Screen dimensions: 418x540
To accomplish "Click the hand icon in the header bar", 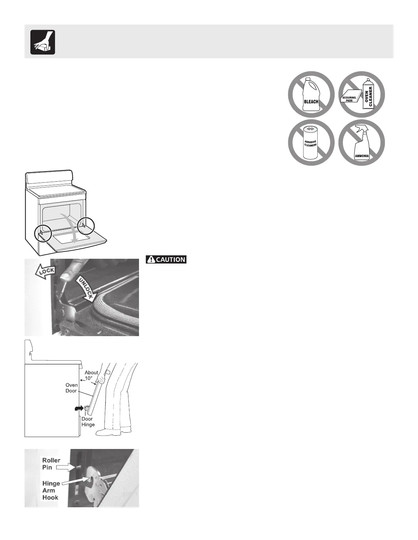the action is pos(43,42).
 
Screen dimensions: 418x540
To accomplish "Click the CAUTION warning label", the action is pos(166,259).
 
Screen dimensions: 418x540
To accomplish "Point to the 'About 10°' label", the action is pos(91,375).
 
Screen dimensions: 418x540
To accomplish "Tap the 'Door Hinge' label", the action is pos(88,422).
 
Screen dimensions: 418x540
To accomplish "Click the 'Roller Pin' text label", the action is pos(52,464).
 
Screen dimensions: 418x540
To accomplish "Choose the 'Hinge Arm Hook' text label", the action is pos(51,490).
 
